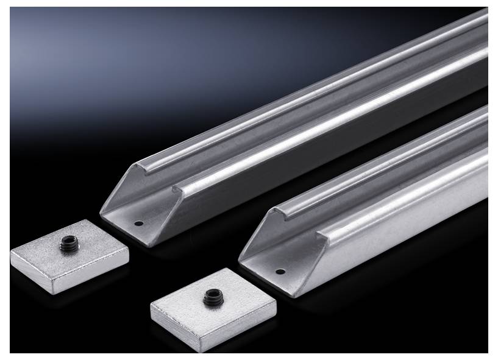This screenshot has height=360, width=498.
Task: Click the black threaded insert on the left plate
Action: (x=66, y=245)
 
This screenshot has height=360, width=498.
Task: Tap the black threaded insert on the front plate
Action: (x=212, y=297)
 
